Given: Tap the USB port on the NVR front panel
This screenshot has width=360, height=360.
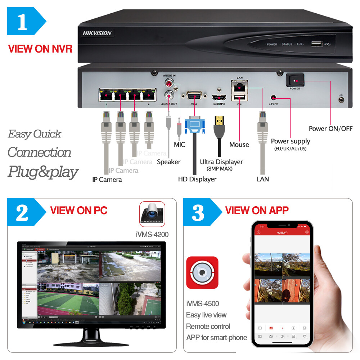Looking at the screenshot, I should point(316,44).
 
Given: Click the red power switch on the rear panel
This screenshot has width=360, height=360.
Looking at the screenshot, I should point(295,81).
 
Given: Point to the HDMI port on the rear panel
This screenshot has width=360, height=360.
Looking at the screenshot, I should point(219,97).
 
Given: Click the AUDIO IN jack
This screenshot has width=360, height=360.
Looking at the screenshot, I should point(168,84).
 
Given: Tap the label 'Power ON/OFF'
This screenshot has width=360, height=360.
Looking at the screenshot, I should point(330,129).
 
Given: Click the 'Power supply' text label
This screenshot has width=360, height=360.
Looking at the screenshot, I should point(290,141).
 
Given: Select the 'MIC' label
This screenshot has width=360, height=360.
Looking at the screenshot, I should point(179,145).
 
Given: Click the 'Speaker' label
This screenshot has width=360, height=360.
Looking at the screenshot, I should point(168,162).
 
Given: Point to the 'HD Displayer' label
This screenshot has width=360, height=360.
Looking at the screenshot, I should point(197,179).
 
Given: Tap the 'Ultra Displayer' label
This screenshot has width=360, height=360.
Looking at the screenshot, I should point(221,162).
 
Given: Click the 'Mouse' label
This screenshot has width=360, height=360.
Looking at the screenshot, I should point(239,145).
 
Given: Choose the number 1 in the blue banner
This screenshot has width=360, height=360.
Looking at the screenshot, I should point(22,22).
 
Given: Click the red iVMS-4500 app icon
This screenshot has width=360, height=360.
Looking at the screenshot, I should point(202,273).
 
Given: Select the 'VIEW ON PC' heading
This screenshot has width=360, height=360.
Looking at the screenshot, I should point(78,210).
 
